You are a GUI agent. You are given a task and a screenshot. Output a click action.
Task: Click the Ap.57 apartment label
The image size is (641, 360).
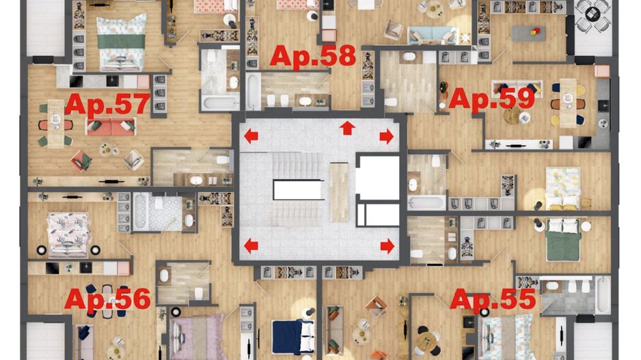click(x=107, y=105)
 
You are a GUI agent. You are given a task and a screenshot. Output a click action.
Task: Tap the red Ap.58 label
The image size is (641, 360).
click(x=313, y=56)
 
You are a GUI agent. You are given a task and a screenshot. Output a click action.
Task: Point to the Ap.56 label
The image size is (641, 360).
click(x=107, y=299)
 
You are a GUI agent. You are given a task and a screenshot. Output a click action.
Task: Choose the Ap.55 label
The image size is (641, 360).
click(x=492, y=299)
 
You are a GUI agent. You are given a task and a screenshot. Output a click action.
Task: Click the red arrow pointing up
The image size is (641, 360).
click(x=348, y=128)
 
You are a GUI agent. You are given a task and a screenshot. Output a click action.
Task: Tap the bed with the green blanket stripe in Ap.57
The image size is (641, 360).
click(x=122, y=41)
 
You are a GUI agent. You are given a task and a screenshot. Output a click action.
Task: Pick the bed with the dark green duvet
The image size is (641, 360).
click(x=563, y=239)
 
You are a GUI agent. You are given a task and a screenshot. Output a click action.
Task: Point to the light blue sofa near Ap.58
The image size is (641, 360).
click(x=432, y=35)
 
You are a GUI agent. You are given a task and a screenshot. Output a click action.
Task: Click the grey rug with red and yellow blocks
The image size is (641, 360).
click(x=528, y=32)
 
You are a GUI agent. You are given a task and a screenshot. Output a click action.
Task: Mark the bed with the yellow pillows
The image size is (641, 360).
click(x=563, y=189)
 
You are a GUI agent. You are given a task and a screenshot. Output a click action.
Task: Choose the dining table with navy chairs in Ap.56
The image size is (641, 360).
click(x=107, y=301)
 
